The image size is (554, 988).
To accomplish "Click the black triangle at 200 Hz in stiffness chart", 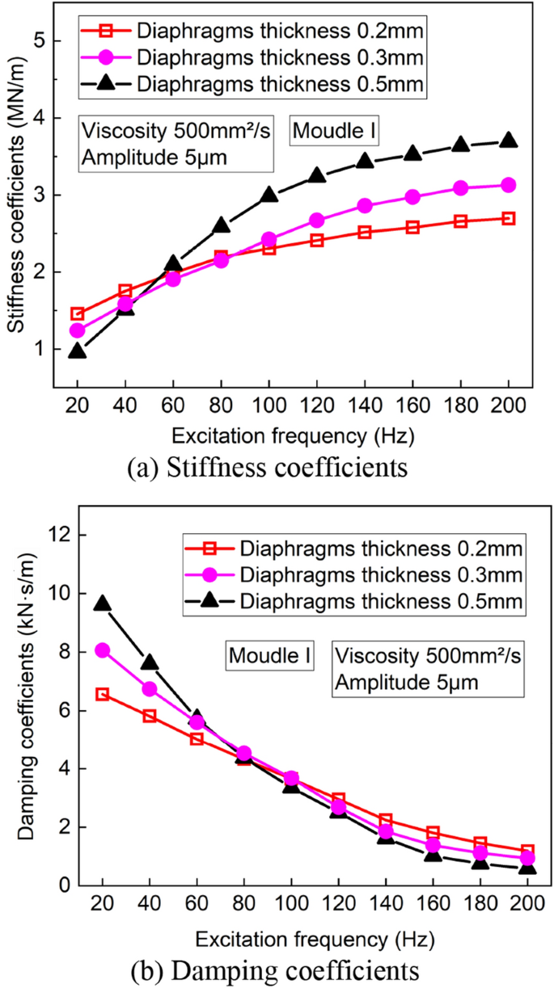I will (x=508, y=140).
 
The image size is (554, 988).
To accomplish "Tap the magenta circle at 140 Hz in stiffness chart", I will (x=365, y=206).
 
